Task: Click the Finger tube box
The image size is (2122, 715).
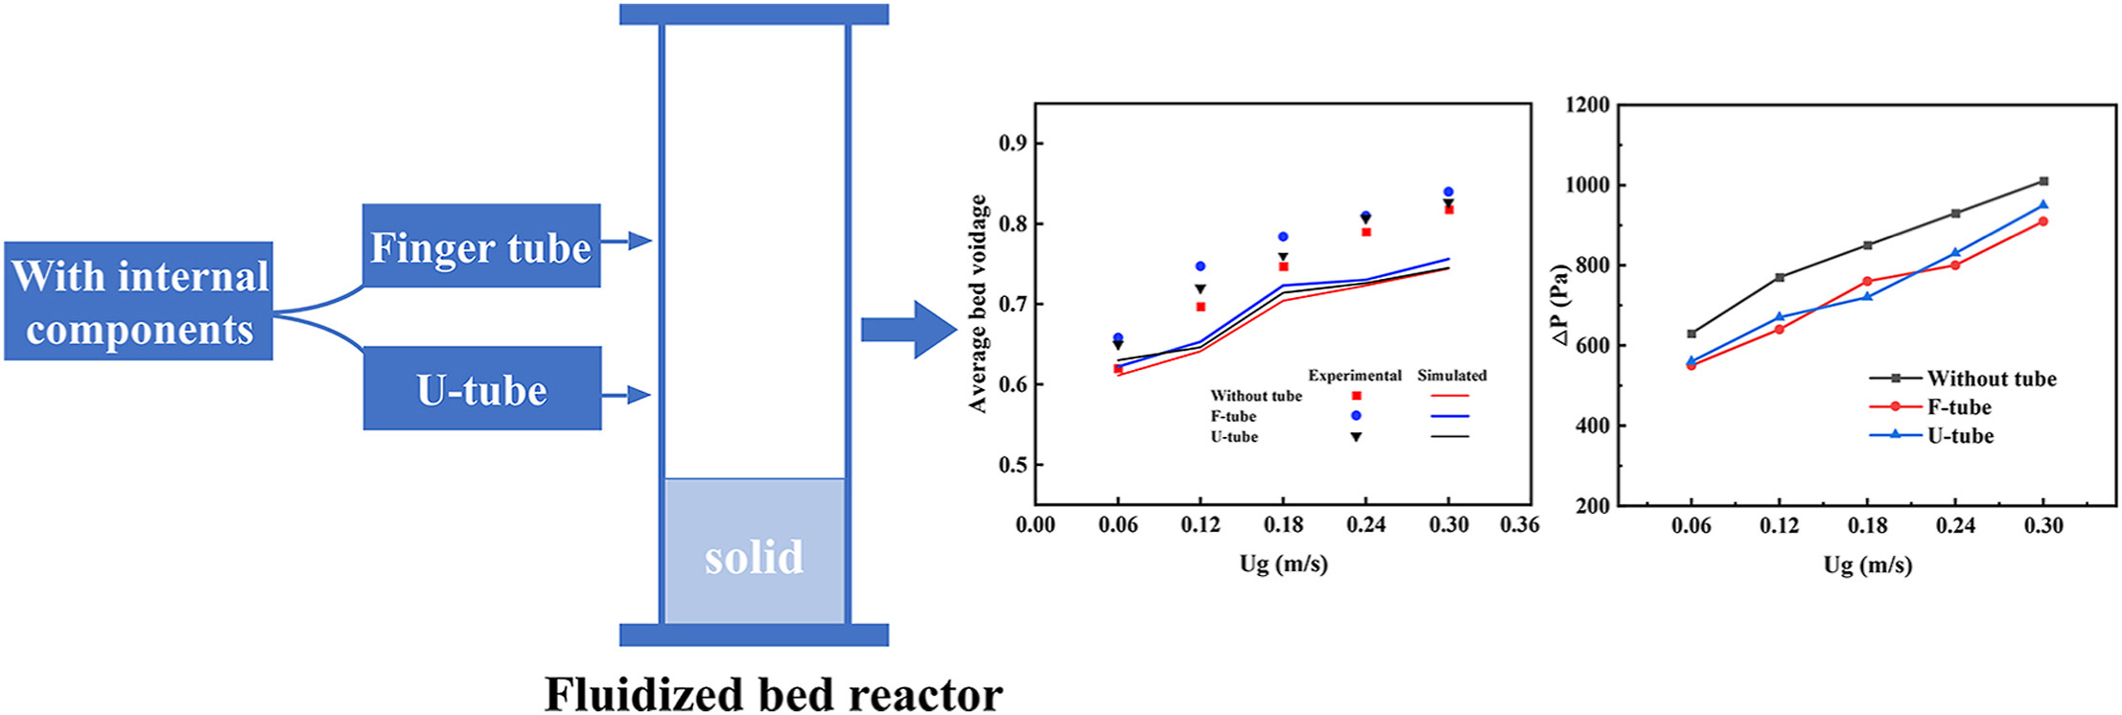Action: point(481,246)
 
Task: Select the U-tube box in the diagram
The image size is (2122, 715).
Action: point(481,389)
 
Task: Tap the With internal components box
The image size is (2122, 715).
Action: point(139,302)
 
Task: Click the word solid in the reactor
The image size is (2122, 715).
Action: point(754,557)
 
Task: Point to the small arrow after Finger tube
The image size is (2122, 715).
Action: point(628,241)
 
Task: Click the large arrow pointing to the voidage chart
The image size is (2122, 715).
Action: point(907,330)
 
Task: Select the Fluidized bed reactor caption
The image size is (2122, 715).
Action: point(773,693)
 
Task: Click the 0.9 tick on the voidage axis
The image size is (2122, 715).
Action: point(1013,143)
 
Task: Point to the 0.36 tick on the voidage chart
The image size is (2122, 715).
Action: point(1519,524)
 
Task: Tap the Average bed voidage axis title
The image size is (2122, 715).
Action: point(977,304)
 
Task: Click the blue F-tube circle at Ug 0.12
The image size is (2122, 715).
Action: point(1201,266)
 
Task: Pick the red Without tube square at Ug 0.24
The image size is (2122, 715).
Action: point(1366,232)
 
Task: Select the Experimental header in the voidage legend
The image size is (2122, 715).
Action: point(1354,376)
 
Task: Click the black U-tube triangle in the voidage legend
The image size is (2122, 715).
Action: point(1356,437)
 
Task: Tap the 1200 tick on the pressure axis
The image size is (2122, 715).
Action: point(1587,104)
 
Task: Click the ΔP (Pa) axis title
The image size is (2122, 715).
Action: point(1560,305)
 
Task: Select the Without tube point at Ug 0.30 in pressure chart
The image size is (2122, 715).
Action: point(2043,181)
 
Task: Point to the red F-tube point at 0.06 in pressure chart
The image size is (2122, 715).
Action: point(1691,365)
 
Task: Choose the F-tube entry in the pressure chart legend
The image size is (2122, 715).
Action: point(1958,407)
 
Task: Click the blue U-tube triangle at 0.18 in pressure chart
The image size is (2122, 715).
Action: point(1867,296)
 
